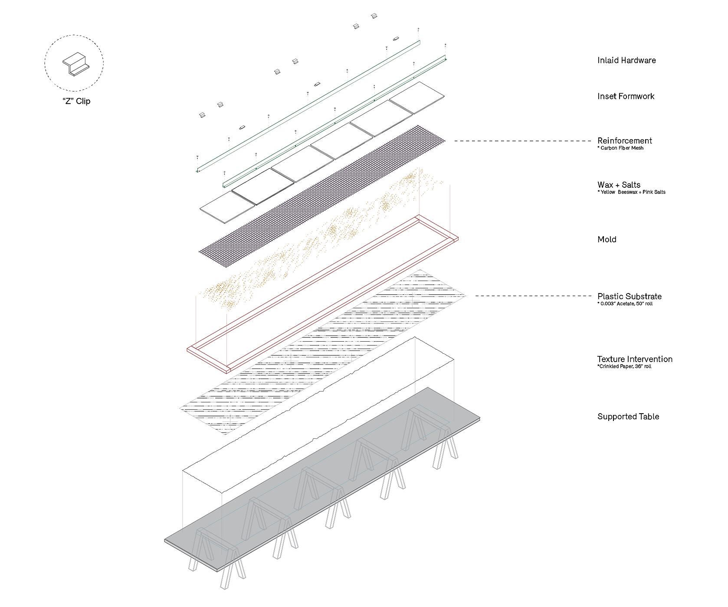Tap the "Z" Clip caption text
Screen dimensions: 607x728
pos(76,101)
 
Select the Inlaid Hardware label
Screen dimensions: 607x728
pos(626,61)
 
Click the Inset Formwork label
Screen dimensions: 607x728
pos(625,96)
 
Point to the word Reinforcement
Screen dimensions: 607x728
pos(624,140)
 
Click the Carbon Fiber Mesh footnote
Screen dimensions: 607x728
pos(620,148)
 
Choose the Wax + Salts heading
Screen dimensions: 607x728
pos(618,185)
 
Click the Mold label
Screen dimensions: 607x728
pos(607,239)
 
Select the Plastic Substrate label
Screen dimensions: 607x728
pos(629,297)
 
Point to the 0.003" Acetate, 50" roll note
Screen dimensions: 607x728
pos(625,304)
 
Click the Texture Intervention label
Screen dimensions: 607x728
pos(634,359)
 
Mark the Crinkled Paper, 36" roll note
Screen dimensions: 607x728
pos(624,367)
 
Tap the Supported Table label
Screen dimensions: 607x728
pos(628,417)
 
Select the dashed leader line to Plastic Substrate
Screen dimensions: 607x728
pos(534,296)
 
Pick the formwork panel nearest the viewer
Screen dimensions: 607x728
pos(227,207)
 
